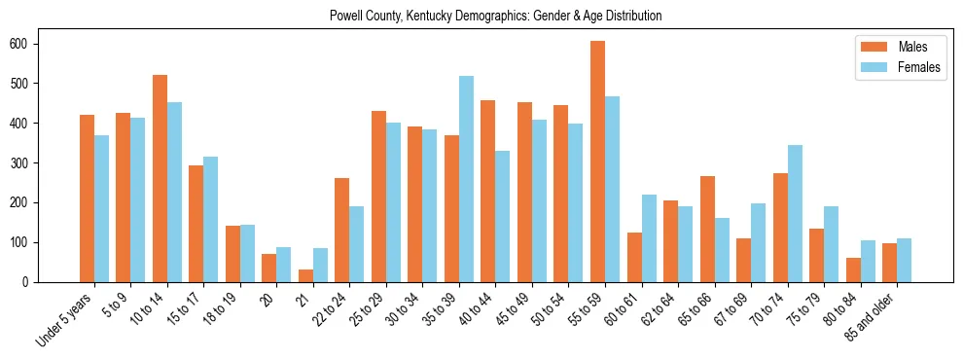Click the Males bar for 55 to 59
pyautogui.click(x=597, y=162)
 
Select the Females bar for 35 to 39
pyautogui.click(x=466, y=179)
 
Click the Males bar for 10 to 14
pyautogui.click(x=160, y=178)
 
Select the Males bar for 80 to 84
pyautogui.click(x=853, y=270)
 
